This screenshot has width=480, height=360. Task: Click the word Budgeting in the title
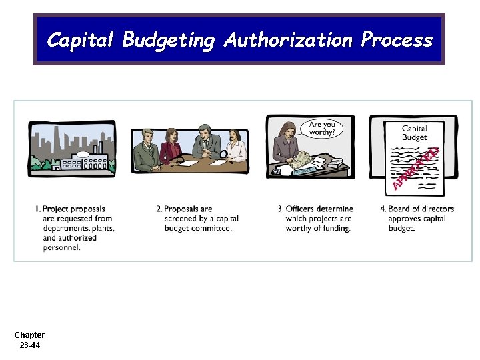pos(169,41)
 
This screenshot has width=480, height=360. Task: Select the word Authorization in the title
pos(288,40)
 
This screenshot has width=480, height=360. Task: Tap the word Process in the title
pos(396,40)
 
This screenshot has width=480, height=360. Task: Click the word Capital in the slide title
pos(81,40)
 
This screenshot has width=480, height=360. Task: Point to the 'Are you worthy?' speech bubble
pos(323,128)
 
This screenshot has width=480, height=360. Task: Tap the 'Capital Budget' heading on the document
pos(414,133)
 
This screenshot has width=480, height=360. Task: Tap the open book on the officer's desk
pos(301,159)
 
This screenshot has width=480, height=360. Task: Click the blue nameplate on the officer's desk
pos(303,171)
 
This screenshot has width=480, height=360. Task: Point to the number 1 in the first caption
pos(37,209)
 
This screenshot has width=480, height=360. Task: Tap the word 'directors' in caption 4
pos(437,209)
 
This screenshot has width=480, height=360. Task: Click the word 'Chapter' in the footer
pos(29,335)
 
